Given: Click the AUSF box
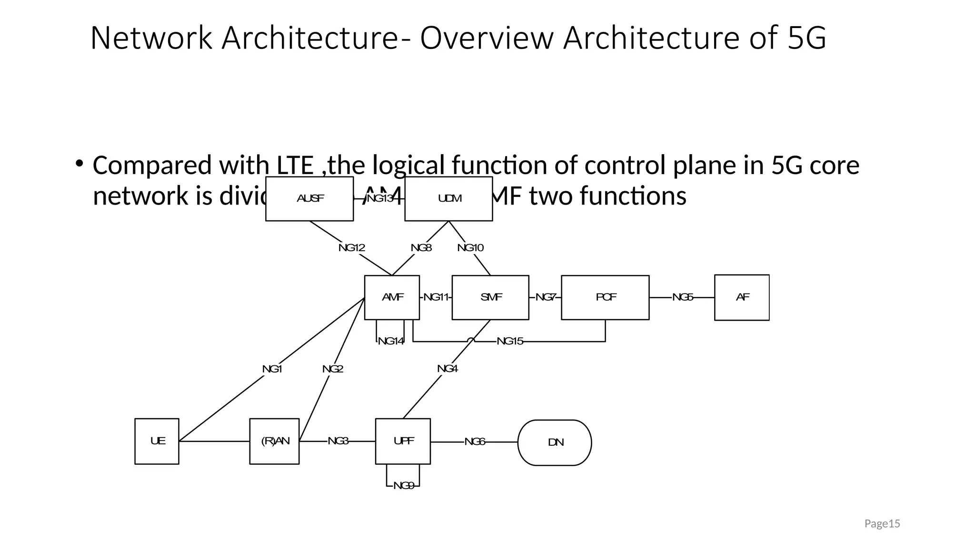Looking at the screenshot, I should pos(309,199).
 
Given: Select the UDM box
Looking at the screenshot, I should pos(448,199).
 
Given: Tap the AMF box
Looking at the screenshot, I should pos(392,297).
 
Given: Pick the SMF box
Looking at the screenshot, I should pos(490,297).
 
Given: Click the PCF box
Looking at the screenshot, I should pos(605,297).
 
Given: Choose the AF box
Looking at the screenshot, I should pos(742,297).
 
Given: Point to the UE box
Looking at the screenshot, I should pos(157,441).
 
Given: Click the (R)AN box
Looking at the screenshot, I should pos(275,441).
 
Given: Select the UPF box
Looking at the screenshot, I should pos(403,441).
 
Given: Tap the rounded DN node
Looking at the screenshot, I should pos(555,442).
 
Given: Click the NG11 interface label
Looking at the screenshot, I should pos(436,297).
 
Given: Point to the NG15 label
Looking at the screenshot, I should pos(510,341).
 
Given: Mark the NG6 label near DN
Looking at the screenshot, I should pos(475,442).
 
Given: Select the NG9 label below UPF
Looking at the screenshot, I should pos(404,486).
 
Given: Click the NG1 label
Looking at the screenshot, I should pos(272,369).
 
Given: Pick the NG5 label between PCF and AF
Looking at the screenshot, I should pos(682,297).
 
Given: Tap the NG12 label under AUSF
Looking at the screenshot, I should pos(352,248).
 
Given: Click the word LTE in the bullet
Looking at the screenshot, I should pos(295,166).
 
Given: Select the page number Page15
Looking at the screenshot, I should pos(882,524).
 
